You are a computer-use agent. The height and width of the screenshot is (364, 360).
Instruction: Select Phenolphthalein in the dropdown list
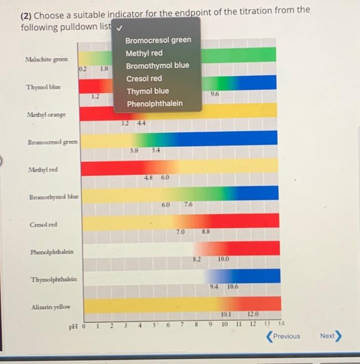point(154,103)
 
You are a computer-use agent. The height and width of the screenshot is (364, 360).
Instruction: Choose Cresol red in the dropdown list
point(143,79)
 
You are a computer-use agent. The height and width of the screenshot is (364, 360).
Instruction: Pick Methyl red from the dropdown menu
point(144,53)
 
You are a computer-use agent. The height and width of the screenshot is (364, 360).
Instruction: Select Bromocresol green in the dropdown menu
point(158,40)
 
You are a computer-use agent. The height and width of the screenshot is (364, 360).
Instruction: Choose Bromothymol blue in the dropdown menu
point(157,66)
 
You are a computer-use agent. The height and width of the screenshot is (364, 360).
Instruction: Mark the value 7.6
point(188,205)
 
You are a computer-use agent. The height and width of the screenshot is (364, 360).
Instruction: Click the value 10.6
point(232,287)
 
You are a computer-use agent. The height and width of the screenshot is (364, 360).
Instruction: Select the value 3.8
point(134,150)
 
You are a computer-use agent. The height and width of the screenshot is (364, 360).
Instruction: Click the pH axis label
point(76,327)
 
